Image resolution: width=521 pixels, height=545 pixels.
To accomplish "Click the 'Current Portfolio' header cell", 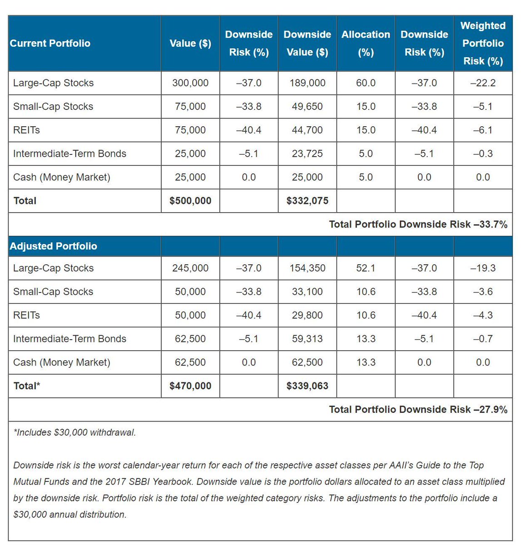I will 50,44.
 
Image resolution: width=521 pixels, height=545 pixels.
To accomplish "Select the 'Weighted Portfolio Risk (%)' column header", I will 483,44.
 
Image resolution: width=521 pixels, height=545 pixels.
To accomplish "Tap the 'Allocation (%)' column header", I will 366,44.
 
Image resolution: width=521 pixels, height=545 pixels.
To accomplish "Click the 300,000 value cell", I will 190,83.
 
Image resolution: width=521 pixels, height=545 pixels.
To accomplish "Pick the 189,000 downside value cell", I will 308,83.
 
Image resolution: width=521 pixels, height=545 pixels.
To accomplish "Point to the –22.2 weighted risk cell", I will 483,83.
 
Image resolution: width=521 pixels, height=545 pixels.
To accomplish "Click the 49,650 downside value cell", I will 308,107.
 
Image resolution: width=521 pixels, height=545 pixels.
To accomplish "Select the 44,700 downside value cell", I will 308,130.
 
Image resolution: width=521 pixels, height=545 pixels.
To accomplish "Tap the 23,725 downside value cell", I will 308,154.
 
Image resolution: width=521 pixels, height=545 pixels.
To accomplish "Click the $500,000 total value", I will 190,201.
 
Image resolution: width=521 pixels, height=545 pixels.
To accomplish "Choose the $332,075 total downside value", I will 308,201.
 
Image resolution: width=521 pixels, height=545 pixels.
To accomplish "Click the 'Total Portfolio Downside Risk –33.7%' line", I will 418,224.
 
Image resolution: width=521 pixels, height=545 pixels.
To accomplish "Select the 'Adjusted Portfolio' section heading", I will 54,246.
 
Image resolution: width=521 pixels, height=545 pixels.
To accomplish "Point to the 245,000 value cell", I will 190,268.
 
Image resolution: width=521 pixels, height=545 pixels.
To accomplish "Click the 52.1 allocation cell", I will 366,268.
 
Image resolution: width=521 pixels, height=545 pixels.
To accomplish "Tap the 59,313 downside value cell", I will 308,339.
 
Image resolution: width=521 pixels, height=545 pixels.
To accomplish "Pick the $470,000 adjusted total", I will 190,386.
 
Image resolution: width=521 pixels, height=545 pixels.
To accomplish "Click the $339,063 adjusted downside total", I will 308,386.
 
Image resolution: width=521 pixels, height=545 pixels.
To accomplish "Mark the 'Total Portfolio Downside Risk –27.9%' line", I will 418,410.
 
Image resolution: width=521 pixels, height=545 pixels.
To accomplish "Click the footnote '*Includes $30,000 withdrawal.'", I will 75,433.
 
